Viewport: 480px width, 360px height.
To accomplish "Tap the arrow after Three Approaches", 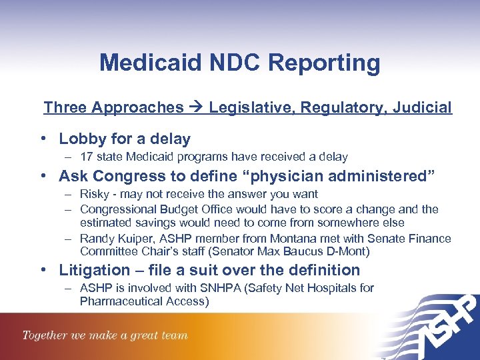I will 196,107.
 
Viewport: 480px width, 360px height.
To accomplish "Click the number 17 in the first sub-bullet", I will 86,157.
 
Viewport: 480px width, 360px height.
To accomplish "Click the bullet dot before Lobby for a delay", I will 44,139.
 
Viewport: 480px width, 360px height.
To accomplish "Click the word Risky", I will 95,194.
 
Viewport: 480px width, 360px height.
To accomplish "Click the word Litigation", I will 95,270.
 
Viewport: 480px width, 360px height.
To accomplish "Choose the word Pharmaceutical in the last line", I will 125,301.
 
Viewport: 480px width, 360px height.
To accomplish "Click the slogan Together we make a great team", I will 105,335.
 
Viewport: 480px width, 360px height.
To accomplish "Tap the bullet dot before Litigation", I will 44,270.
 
